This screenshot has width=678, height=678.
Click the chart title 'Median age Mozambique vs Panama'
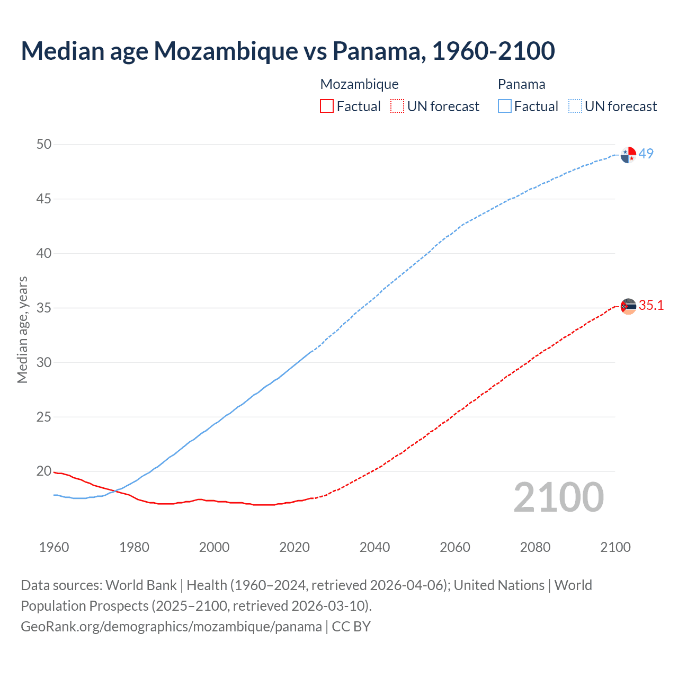point(288,51)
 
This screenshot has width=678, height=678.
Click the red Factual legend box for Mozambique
point(327,106)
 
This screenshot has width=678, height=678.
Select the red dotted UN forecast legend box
point(397,106)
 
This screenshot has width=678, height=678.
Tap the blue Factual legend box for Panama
point(505,106)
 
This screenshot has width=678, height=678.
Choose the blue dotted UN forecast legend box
point(575,106)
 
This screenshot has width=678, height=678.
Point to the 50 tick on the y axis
point(44,145)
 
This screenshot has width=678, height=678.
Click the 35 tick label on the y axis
point(44,308)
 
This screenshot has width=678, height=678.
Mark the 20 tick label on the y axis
point(44,471)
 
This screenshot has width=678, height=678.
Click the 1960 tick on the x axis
point(54,547)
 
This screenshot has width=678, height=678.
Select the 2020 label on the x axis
point(295,547)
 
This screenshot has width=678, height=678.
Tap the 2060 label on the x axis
point(455,547)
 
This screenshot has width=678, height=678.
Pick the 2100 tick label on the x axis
point(615,547)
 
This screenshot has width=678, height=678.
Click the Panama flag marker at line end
point(628,155)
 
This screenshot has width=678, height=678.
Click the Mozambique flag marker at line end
point(628,306)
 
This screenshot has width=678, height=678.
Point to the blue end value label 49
point(646,154)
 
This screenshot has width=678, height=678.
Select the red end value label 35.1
point(651,306)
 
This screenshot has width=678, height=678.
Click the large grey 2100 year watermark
point(559,497)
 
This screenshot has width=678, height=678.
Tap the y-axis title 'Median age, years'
point(22,329)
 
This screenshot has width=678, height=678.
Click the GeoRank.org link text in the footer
point(171,627)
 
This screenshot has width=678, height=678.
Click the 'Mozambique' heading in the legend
point(359,84)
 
